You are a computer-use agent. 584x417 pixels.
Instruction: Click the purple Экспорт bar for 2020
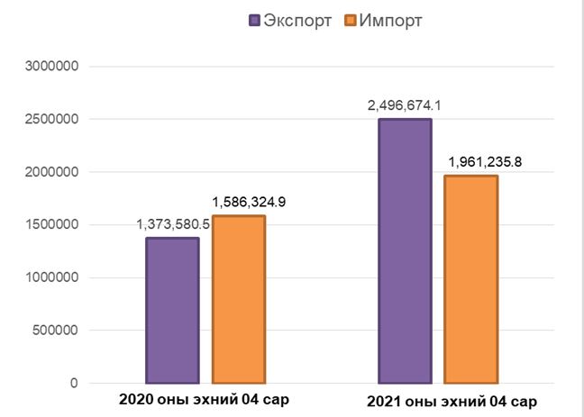point(172,311)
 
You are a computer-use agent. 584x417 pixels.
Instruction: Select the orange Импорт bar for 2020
point(239,299)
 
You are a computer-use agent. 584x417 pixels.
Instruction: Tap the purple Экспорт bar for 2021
point(405,251)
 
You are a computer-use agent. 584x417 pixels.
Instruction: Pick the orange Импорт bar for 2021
point(470,279)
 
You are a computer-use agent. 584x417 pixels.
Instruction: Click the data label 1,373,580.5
point(173,225)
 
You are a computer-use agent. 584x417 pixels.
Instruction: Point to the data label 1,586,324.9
point(249,202)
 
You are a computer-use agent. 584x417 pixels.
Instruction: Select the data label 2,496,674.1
point(405,105)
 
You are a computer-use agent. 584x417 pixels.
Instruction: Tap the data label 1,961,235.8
point(485,162)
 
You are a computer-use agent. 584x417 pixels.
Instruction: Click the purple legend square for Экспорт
point(254,20)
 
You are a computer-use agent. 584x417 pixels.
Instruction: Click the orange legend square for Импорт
point(351,20)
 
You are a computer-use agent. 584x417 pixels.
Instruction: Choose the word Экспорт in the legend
point(297,21)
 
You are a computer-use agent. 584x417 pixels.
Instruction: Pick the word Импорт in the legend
point(390,21)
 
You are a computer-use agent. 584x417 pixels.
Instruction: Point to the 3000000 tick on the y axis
point(51,67)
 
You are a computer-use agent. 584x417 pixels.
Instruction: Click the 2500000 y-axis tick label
point(51,119)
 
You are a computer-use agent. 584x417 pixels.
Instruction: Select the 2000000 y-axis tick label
point(51,172)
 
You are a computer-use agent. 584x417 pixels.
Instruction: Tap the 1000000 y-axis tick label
point(51,277)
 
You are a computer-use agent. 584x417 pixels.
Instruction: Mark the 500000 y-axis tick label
point(56,331)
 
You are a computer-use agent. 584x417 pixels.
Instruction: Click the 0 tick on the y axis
point(75,383)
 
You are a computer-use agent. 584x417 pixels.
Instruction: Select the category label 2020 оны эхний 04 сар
point(204,400)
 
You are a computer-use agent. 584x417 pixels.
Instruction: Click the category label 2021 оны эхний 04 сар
point(452,402)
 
